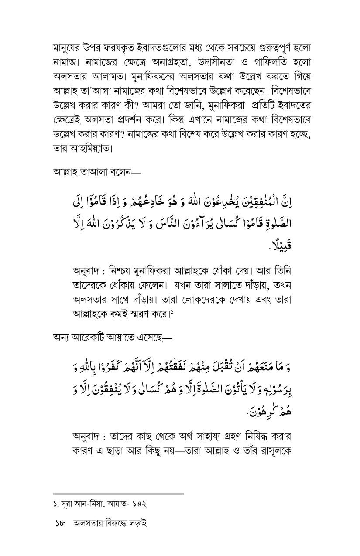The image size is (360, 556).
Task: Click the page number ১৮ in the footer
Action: (x=60, y=524)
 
